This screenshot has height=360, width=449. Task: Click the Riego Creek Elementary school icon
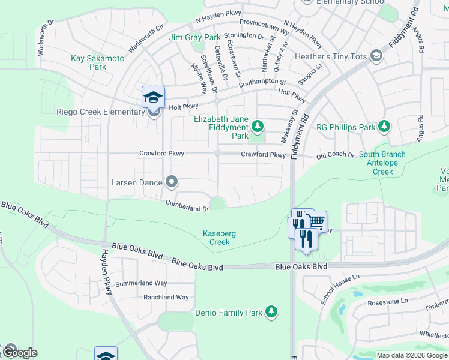coord(153,97)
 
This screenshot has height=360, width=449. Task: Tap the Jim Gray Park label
coord(194,37)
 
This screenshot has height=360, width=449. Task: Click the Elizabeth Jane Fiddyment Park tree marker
coord(258,125)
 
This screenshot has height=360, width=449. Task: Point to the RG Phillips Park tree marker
coord(384,127)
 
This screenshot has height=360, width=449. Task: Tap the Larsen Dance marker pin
coord(172,181)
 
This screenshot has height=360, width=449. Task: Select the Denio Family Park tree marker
coord(271,312)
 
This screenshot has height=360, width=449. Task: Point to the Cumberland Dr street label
coord(187,206)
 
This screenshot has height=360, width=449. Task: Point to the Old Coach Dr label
coord(335,155)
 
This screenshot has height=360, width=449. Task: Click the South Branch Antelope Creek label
coord(382,163)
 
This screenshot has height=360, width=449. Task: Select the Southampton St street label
coord(262,82)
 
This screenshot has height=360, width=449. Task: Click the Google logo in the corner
coord(19,353)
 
